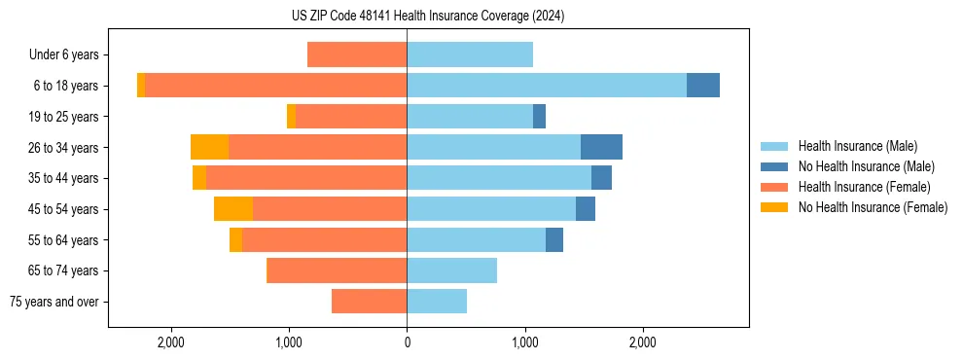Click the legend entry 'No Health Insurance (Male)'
click(x=866, y=166)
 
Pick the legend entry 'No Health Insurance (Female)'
click(x=873, y=207)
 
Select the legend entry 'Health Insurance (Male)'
click(x=857, y=146)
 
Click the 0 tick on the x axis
click(x=407, y=342)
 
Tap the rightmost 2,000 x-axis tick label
click(x=642, y=342)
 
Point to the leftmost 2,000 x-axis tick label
click(x=171, y=342)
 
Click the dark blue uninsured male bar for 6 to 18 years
click(x=703, y=86)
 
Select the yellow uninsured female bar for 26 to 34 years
click(x=209, y=147)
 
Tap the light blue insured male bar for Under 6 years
click(x=470, y=55)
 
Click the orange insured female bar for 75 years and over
click(x=369, y=302)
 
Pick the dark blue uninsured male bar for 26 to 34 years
click(x=601, y=147)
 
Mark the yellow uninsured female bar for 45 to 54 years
click(x=233, y=209)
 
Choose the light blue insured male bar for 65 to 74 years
click(x=451, y=270)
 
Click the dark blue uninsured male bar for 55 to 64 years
click(x=554, y=239)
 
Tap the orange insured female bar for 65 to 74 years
click(x=337, y=270)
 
